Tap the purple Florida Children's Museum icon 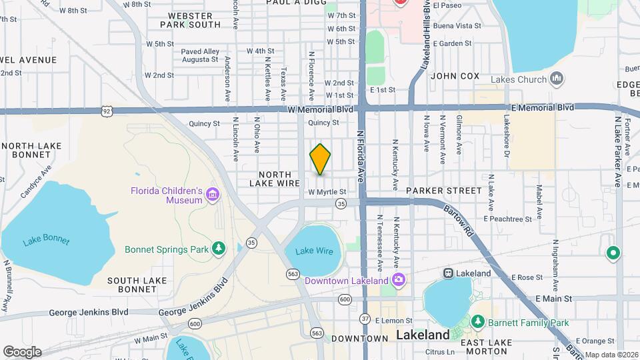(x=213, y=195)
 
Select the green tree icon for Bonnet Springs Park (x=219, y=249)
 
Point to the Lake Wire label (x=314, y=251)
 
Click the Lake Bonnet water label (x=46, y=241)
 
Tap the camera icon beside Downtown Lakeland (x=398, y=280)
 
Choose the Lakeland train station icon (x=448, y=273)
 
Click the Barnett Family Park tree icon (x=477, y=323)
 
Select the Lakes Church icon (x=557, y=80)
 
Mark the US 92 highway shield (x=107, y=110)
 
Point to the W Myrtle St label (x=327, y=192)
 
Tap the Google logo (x=22, y=351)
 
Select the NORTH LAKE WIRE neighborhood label (x=274, y=179)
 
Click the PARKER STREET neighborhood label (x=443, y=191)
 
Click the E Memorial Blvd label (x=543, y=107)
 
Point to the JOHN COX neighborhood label (x=455, y=76)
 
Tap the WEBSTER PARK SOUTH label (x=190, y=19)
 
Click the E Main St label (x=554, y=299)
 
